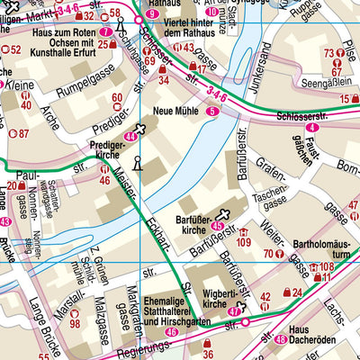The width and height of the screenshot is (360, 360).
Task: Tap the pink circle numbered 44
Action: pos(131,137)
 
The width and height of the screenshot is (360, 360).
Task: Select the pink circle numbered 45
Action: pos(217,226)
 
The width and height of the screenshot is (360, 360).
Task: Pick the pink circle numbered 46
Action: pos(172,333)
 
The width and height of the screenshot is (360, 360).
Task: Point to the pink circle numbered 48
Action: pos(282,339)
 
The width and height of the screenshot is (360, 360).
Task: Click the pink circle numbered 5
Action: pos(212,111)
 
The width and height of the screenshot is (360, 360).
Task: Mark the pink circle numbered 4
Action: pos(310,128)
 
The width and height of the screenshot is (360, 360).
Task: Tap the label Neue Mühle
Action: pos(175,111)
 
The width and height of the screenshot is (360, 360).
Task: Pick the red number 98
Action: pos(75,323)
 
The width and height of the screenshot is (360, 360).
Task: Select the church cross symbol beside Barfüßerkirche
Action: pos(221,212)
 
